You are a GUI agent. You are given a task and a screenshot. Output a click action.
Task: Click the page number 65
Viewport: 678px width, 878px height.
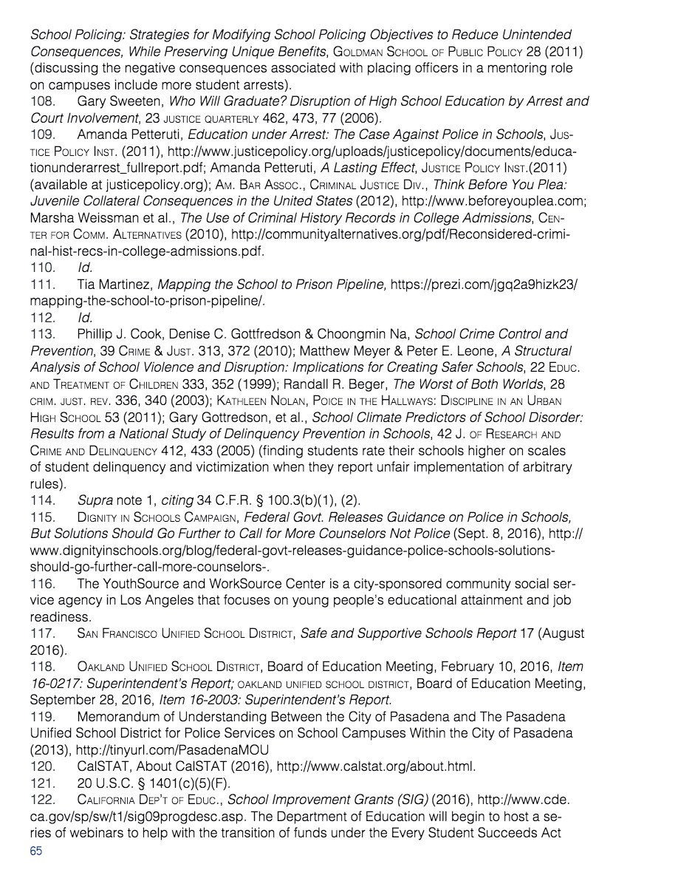tap(36, 851)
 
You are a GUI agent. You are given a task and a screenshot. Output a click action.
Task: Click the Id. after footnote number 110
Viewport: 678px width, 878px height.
tap(85, 268)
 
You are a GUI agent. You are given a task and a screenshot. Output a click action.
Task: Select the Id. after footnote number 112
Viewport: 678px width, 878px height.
tap(85, 318)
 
